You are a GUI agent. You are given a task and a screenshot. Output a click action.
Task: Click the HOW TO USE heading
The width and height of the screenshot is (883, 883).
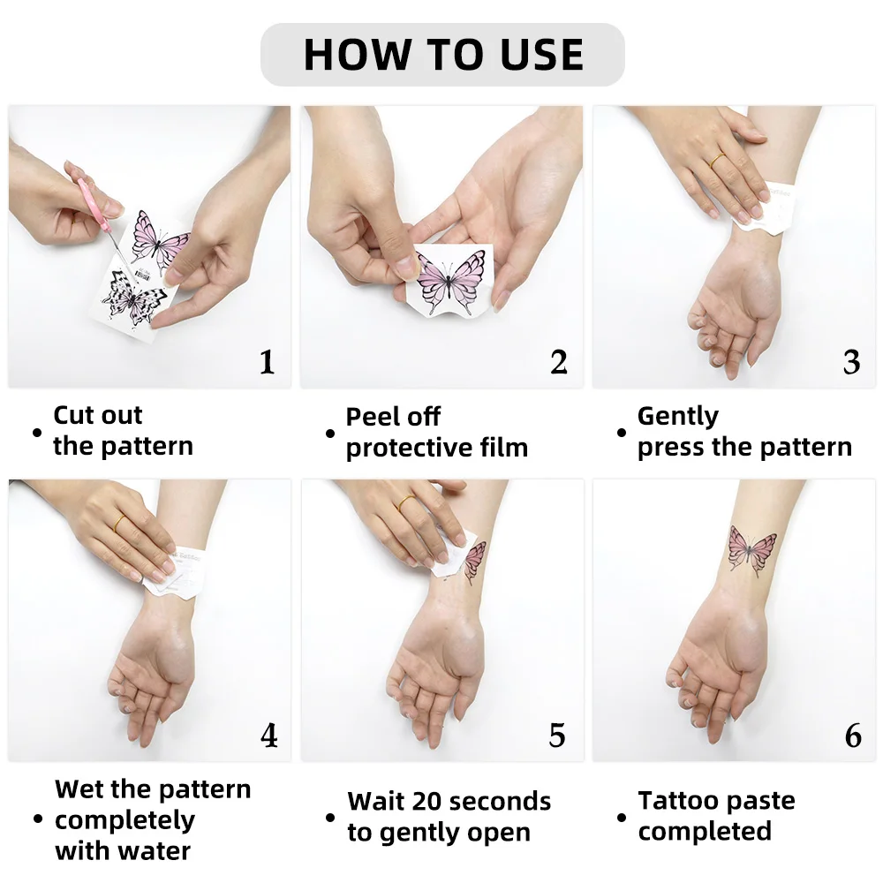[x=443, y=55]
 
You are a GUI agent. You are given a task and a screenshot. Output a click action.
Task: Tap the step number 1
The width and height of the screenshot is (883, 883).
[x=267, y=362]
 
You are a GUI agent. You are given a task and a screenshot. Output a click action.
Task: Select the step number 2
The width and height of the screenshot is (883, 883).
[x=559, y=362]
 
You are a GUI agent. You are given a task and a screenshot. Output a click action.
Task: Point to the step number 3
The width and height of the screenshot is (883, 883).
[x=851, y=362]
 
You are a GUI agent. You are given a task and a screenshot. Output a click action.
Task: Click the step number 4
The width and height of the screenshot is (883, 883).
[x=269, y=736]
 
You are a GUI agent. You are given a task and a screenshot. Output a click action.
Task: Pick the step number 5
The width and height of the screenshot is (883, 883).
[x=557, y=736]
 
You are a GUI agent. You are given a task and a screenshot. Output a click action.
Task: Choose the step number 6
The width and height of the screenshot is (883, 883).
[x=853, y=736]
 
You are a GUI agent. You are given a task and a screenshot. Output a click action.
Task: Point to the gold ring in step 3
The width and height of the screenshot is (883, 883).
[x=717, y=160]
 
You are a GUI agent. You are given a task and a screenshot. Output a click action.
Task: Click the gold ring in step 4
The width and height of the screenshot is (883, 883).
[x=119, y=523]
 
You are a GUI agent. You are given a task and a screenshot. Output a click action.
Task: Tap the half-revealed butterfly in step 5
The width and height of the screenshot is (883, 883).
[x=474, y=562]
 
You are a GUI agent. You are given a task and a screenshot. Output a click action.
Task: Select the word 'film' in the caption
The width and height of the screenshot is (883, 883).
[x=504, y=448]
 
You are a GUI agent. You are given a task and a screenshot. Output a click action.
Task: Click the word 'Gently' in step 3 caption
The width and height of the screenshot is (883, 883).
[x=678, y=418]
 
